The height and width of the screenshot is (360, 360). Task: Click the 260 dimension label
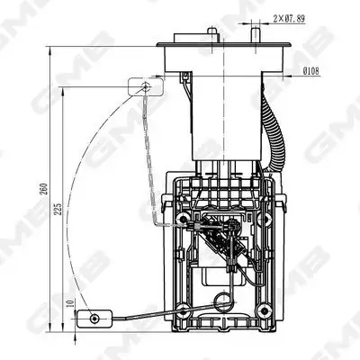coord(44,188)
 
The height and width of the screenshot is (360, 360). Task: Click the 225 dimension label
coord(58,209)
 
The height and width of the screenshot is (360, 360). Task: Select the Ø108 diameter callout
coord(311,71)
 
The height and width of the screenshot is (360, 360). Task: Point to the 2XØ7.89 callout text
coord(289,19)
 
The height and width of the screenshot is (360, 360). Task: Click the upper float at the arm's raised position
coord(146,86)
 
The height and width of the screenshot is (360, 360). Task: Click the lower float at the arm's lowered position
coord(94,319)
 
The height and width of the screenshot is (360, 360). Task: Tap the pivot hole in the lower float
coord(94,319)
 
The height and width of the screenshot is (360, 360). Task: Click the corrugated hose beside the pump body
coord(273,129)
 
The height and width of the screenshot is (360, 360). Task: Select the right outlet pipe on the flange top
coord(256,35)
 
